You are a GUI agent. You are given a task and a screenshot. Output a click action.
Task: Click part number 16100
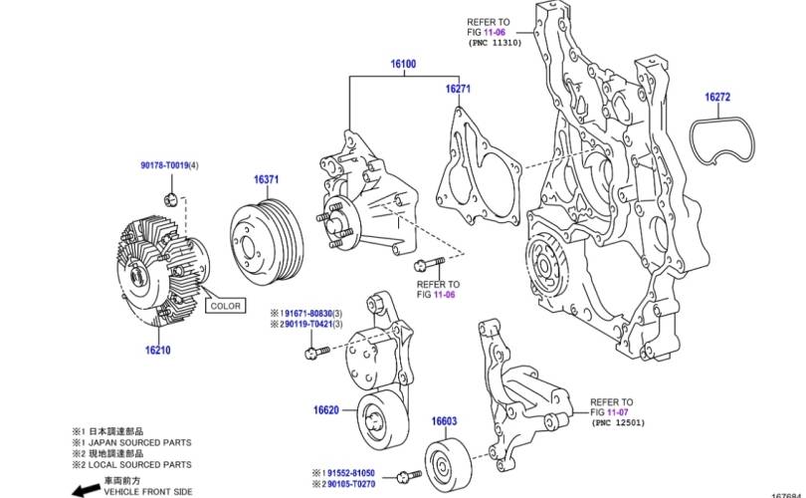pos(402,65)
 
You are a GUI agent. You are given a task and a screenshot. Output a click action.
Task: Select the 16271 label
pos(458,90)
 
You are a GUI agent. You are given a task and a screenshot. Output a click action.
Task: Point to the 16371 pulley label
pos(266,179)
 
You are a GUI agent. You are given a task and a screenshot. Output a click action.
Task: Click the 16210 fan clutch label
pos(158,351)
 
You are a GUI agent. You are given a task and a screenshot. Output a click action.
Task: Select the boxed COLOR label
pos(225,306)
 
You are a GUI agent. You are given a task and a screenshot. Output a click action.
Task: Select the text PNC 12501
pos(619,422)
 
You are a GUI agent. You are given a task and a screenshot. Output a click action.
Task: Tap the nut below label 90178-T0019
pos(171,193)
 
